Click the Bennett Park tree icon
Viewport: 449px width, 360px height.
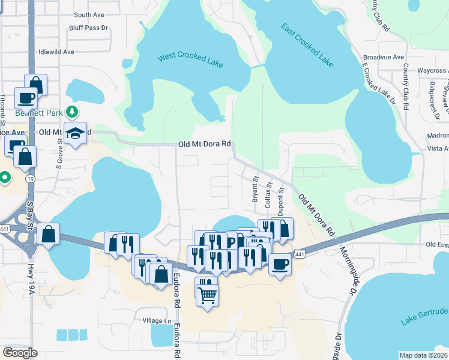click(73, 112)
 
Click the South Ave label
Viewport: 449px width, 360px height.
click(89, 15)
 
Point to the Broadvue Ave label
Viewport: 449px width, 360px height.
click(380, 59)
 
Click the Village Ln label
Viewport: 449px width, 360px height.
click(157, 320)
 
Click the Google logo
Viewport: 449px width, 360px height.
click(20, 352)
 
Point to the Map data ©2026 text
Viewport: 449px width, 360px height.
click(424, 355)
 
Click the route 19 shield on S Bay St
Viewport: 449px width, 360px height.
click(29, 178)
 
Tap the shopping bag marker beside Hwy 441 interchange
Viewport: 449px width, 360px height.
click(48, 233)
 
